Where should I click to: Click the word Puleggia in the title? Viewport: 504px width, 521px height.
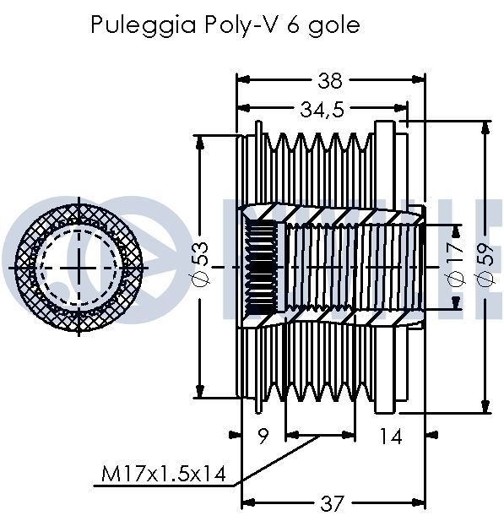pyautogui.click(x=144, y=25)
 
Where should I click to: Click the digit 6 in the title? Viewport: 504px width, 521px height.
pyautogui.click(x=292, y=25)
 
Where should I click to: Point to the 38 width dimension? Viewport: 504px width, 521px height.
pyautogui.click(x=330, y=81)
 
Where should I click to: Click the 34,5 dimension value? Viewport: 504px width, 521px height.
pyautogui.click(x=322, y=109)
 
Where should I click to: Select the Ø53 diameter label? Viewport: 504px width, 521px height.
pyautogui.click(x=201, y=263)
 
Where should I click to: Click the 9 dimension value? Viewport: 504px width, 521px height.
pyautogui.click(x=263, y=436)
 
